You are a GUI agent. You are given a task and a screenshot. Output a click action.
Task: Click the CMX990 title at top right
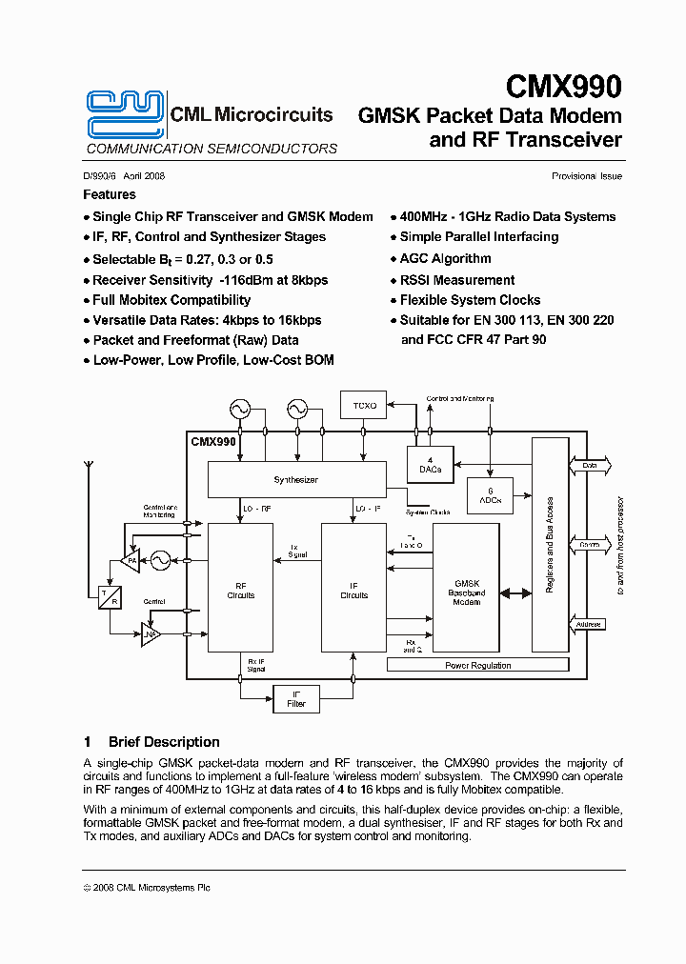pos(563,88)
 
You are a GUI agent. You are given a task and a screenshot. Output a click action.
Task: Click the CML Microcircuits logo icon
pos(125,114)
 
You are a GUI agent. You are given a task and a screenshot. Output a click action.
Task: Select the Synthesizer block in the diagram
pos(295,480)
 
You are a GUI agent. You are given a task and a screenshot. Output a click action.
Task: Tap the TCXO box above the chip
pos(365,406)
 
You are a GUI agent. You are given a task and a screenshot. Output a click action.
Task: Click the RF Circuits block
pos(241,591)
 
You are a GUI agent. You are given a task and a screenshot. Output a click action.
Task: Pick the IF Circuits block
pos(353,591)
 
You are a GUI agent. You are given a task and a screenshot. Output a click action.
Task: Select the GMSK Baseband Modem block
pos(466,591)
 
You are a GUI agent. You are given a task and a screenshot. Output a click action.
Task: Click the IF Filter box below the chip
pos(296,699)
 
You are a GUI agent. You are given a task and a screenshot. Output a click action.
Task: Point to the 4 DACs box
pos(430,465)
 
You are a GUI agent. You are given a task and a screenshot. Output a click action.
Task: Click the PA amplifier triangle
pos(130,562)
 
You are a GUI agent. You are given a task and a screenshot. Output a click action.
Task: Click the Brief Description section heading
pos(164,742)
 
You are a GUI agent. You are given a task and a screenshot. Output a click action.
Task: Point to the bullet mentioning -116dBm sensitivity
pos(210,280)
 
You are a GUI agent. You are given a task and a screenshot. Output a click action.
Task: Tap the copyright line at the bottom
pos(147,887)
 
